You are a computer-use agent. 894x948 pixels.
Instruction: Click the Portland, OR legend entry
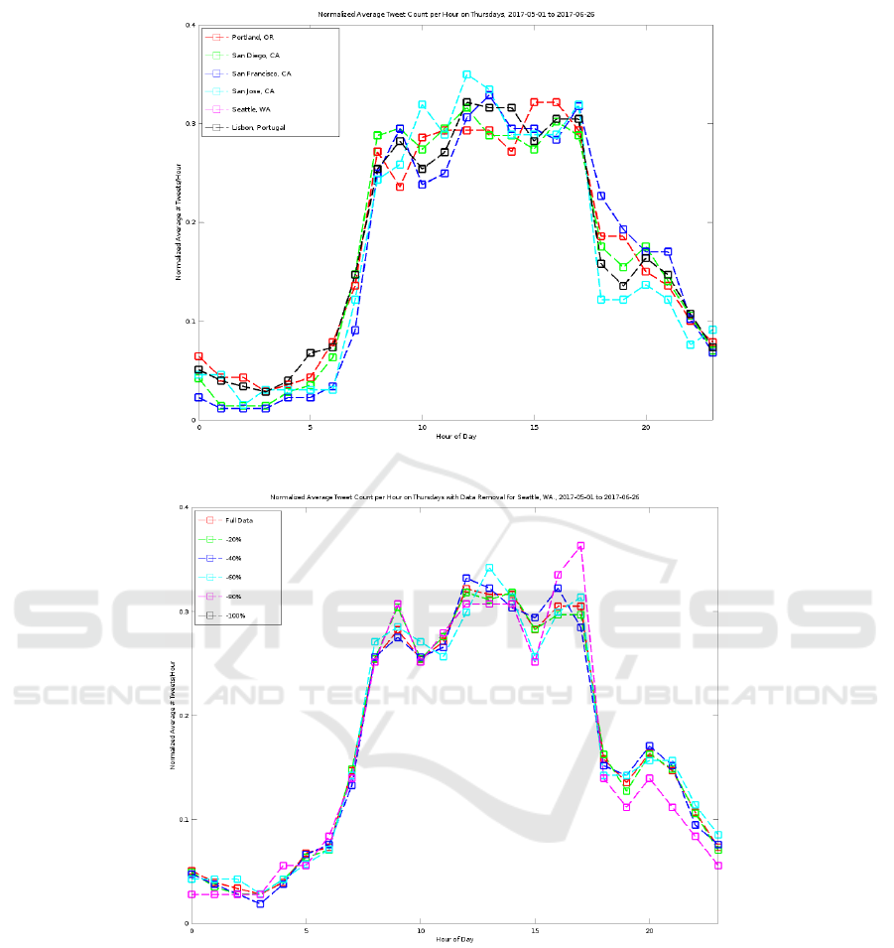click(252, 39)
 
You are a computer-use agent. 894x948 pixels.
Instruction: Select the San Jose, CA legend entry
click(252, 91)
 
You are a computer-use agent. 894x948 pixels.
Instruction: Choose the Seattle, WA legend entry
click(251, 109)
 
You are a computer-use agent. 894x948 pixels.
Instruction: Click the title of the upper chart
click(455, 15)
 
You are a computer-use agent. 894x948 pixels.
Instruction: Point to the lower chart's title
click(455, 496)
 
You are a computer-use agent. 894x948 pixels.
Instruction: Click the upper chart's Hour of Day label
click(455, 437)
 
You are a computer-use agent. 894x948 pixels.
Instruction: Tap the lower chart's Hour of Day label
click(455, 938)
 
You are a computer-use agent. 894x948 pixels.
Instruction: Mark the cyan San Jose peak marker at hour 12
click(467, 74)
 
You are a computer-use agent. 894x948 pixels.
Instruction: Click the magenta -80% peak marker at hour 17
click(581, 546)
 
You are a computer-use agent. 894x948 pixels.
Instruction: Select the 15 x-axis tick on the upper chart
click(534, 428)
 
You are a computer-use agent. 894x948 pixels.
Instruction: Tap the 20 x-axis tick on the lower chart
click(650, 931)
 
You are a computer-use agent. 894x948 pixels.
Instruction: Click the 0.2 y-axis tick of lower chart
click(183, 716)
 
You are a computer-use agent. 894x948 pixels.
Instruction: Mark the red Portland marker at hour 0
click(198, 356)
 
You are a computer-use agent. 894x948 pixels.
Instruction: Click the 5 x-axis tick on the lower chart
click(306, 931)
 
